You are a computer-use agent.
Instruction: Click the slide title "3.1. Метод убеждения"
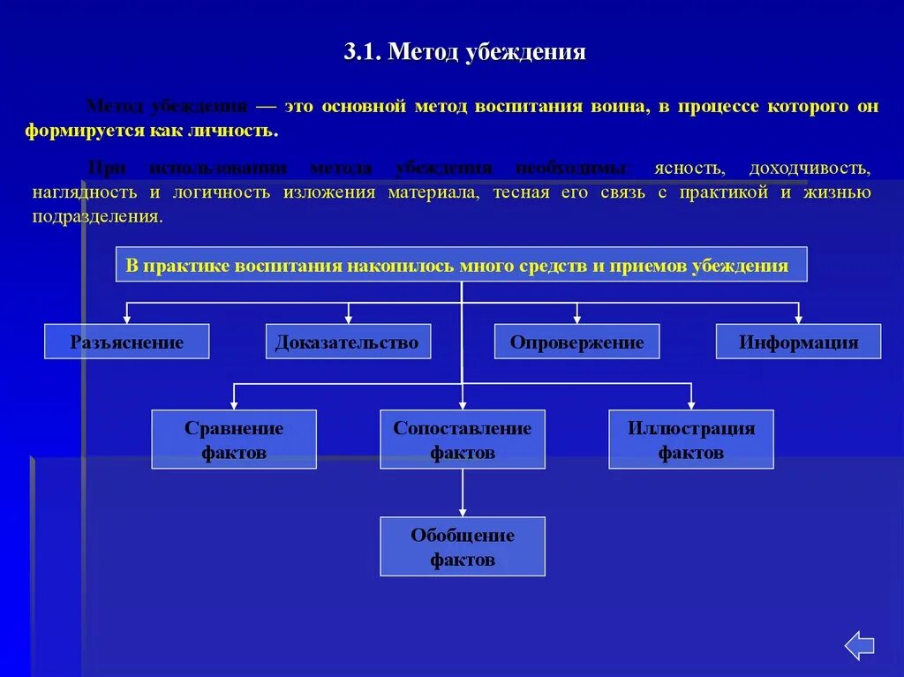tap(464, 52)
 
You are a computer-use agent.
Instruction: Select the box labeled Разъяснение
tap(127, 342)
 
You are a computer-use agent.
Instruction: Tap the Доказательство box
tap(348, 342)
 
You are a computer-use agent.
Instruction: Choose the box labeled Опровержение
tap(576, 342)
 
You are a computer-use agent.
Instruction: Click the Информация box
tap(798, 342)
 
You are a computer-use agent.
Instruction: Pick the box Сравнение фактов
tap(234, 440)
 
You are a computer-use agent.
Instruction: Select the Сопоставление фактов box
tap(463, 440)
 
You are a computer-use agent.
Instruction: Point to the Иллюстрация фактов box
tap(691, 440)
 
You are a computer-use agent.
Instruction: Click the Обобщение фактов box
tap(463, 546)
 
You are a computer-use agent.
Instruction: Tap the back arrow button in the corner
tap(859, 645)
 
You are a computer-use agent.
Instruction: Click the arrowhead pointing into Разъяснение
tap(128, 318)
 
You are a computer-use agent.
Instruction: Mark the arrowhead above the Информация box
tap(798, 318)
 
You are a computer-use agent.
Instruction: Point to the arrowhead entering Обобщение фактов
tap(463, 511)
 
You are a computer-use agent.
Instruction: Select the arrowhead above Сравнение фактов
tap(234, 403)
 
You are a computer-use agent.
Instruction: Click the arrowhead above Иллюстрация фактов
tap(691, 403)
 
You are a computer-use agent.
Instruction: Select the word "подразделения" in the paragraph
tap(97, 217)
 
